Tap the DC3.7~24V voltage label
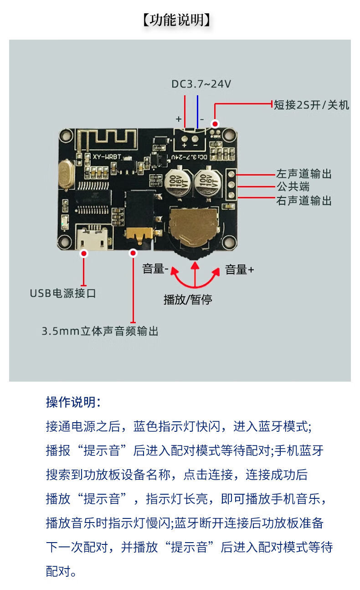[x=201, y=84]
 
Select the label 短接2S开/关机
[x=312, y=105]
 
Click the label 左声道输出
[x=304, y=174]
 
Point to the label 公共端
[x=293, y=187]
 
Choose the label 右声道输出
[x=304, y=201]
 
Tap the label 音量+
[x=239, y=270]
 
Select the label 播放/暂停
[x=188, y=300]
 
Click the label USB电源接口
[x=63, y=293]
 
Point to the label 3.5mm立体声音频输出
[x=100, y=331]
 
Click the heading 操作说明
[x=73, y=402]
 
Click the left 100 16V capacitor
[x=177, y=183]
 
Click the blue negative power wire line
[x=198, y=112]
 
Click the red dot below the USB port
[x=84, y=253]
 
